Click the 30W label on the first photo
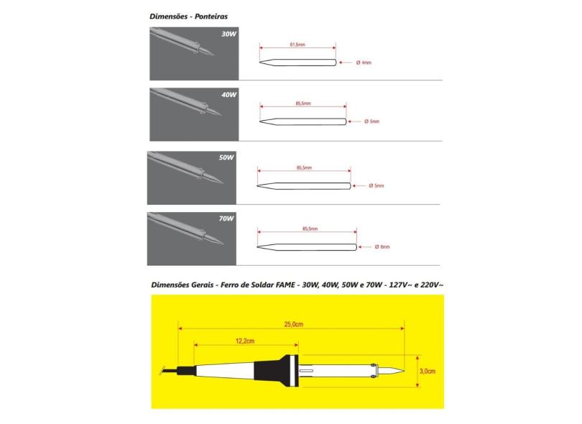pos(228,34)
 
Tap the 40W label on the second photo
pos(228,95)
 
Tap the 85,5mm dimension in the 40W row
pos(302,103)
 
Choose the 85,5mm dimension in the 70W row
pos(310,229)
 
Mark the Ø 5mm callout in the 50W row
pos(377,185)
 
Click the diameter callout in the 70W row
pos(382,247)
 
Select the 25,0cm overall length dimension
pos(293,325)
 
